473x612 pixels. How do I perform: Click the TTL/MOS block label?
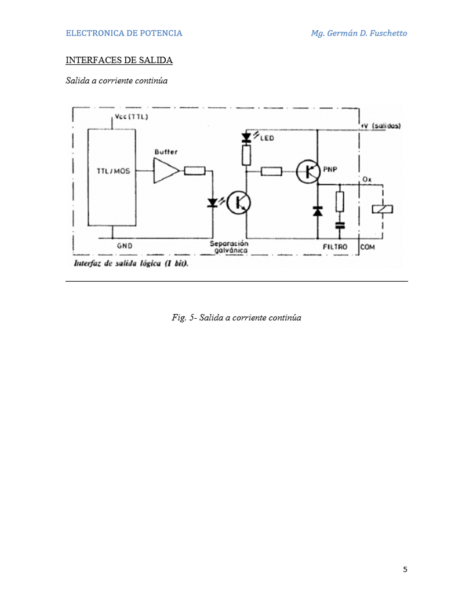(x=113, y=171)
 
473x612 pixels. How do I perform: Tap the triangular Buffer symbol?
(x=166, y=170)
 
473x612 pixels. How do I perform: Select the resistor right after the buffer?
(x=194, y=170)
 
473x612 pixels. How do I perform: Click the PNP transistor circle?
(x=308, y=172)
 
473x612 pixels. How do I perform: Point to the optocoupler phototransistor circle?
(x=238, y=203)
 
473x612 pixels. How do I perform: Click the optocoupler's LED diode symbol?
(x=212, y=203)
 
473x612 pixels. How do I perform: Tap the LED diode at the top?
(x=246, y=137)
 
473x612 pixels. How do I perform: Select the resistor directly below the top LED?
(x=246, y=155)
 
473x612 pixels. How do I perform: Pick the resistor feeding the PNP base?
(x=271, y=172)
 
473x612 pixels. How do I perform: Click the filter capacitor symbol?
(x=340, y=225)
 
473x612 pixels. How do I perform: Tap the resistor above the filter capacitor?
(x=340, y=202)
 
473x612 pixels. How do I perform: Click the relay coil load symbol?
(x=383, y=209)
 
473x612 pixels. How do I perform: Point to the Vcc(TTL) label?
(x=132, y=116)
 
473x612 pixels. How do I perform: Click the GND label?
(x=125, y=246)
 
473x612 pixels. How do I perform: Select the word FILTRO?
(x=335, y=247)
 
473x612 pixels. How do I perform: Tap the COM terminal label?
(x=368, y=247)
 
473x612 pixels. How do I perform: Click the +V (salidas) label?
(x=380, y=126)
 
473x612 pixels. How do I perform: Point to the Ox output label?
(x=367, y=180)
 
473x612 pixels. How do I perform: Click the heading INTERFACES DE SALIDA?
(x=119, y=60)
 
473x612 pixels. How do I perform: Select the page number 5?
(x=405, y=570)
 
